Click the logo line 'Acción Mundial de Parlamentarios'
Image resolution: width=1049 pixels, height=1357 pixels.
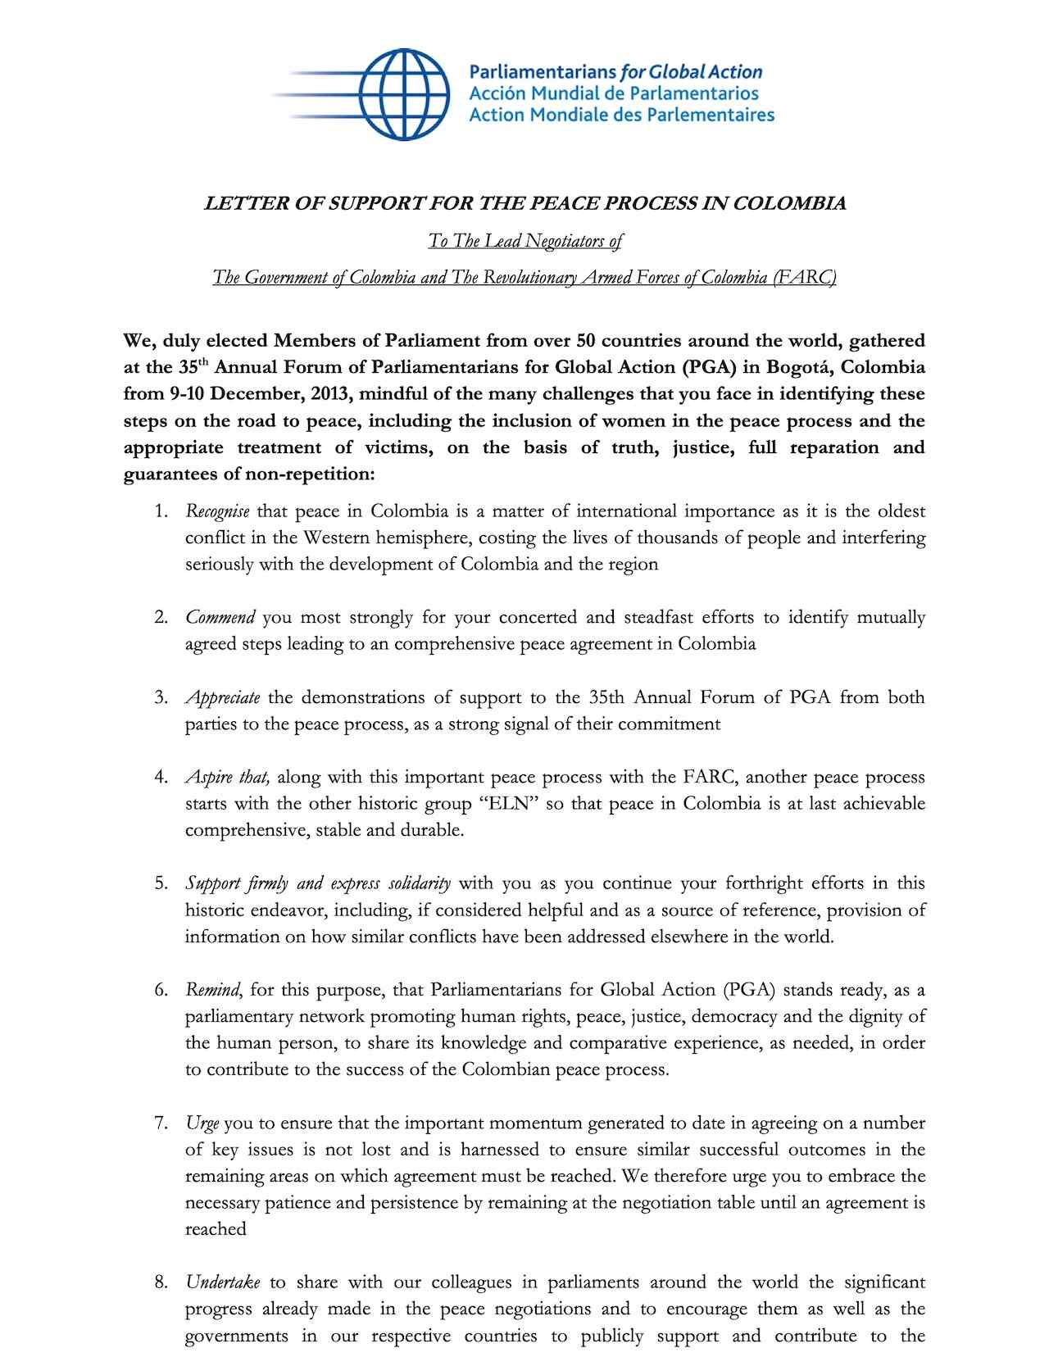click(x=613, y=93)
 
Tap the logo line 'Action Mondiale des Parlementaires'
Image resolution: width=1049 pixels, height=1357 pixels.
click(x=621, y=115)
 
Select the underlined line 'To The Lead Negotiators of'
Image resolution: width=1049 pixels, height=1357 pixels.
click(x=524, y=241)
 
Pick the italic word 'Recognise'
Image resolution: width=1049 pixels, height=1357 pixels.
click(x=217, y=512)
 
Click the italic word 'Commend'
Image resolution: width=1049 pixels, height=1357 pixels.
click(x=220, y=617)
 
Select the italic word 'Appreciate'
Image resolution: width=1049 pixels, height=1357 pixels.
click(x=222, y=697)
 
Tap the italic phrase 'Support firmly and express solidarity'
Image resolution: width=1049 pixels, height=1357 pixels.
click(x=318, y=883)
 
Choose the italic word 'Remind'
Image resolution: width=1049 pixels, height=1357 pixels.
click(x=212, y=990)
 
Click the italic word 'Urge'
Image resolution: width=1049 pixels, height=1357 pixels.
click(x=202, y=1123)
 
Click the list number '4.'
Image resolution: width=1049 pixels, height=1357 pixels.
click(x=161, y=777)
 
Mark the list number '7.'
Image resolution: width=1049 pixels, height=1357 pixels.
click(x=161, y=1123)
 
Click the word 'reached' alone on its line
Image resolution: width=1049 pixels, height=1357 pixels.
click(x=216, y=1229)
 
